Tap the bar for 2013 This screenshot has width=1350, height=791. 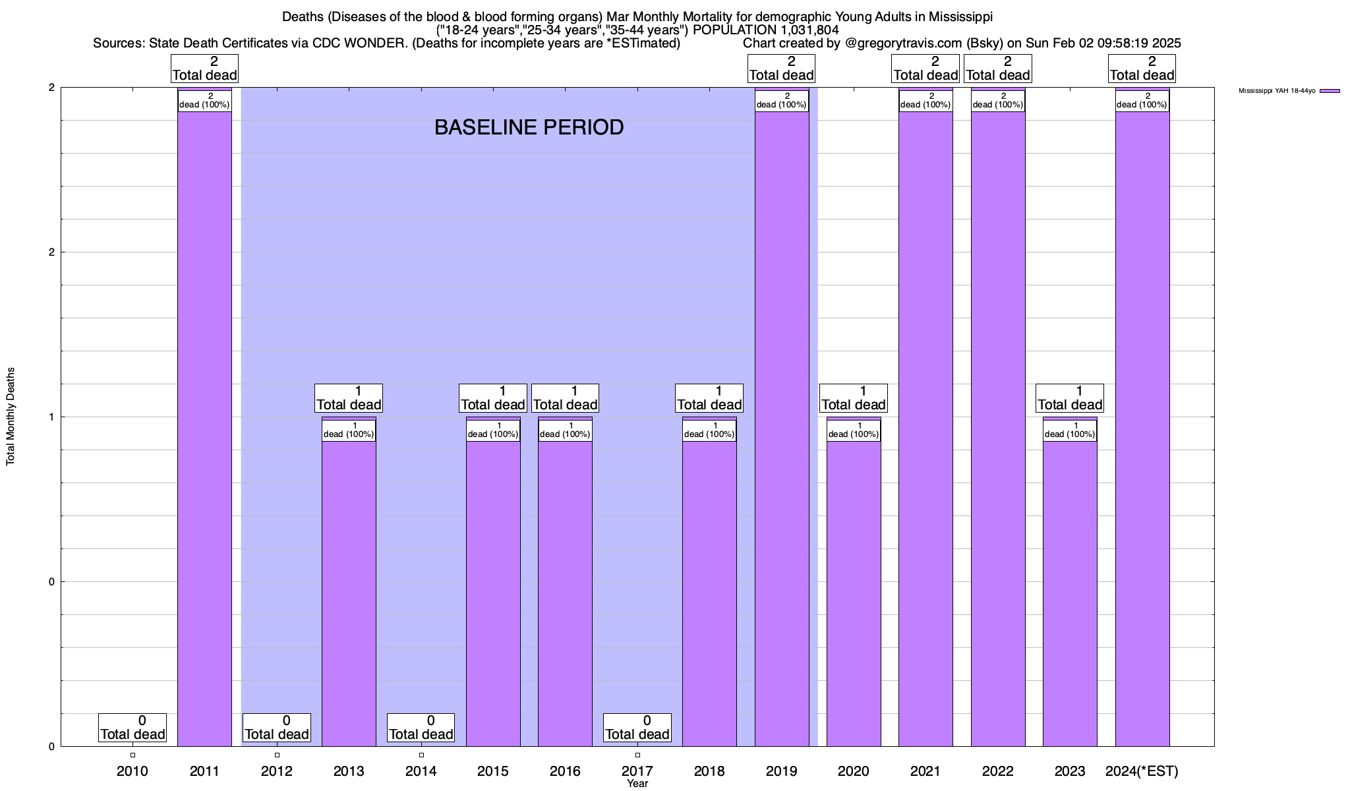click(x=349, y=593)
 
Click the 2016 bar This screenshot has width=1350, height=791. click(x=565, y=593)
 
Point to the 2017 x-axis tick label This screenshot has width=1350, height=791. click(x=637, y=771)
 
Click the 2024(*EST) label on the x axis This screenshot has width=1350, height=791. click(x=1142, y=771)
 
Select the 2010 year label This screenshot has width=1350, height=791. click(x=132, y=771)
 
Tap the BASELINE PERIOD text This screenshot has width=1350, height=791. click(x=529, y=127)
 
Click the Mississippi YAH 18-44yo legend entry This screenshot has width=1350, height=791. click(x=1289, y=91)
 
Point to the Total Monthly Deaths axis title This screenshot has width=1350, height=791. click(x=11, y=417)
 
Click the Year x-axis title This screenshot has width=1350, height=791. click(x=637, y=784)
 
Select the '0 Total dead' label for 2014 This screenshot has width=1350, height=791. click(x=421, y=727)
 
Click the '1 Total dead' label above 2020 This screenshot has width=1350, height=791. click(x=854, y=398)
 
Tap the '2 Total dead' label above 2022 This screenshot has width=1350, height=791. click(x=998, y=69)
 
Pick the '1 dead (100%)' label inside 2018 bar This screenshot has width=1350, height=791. click(x=709, y=430)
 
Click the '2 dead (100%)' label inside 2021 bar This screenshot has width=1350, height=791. click(x=925, y=101)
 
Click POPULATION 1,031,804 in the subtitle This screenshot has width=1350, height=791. click(x=766, y=30)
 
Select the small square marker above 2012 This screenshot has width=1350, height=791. click(x=277, y=755)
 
